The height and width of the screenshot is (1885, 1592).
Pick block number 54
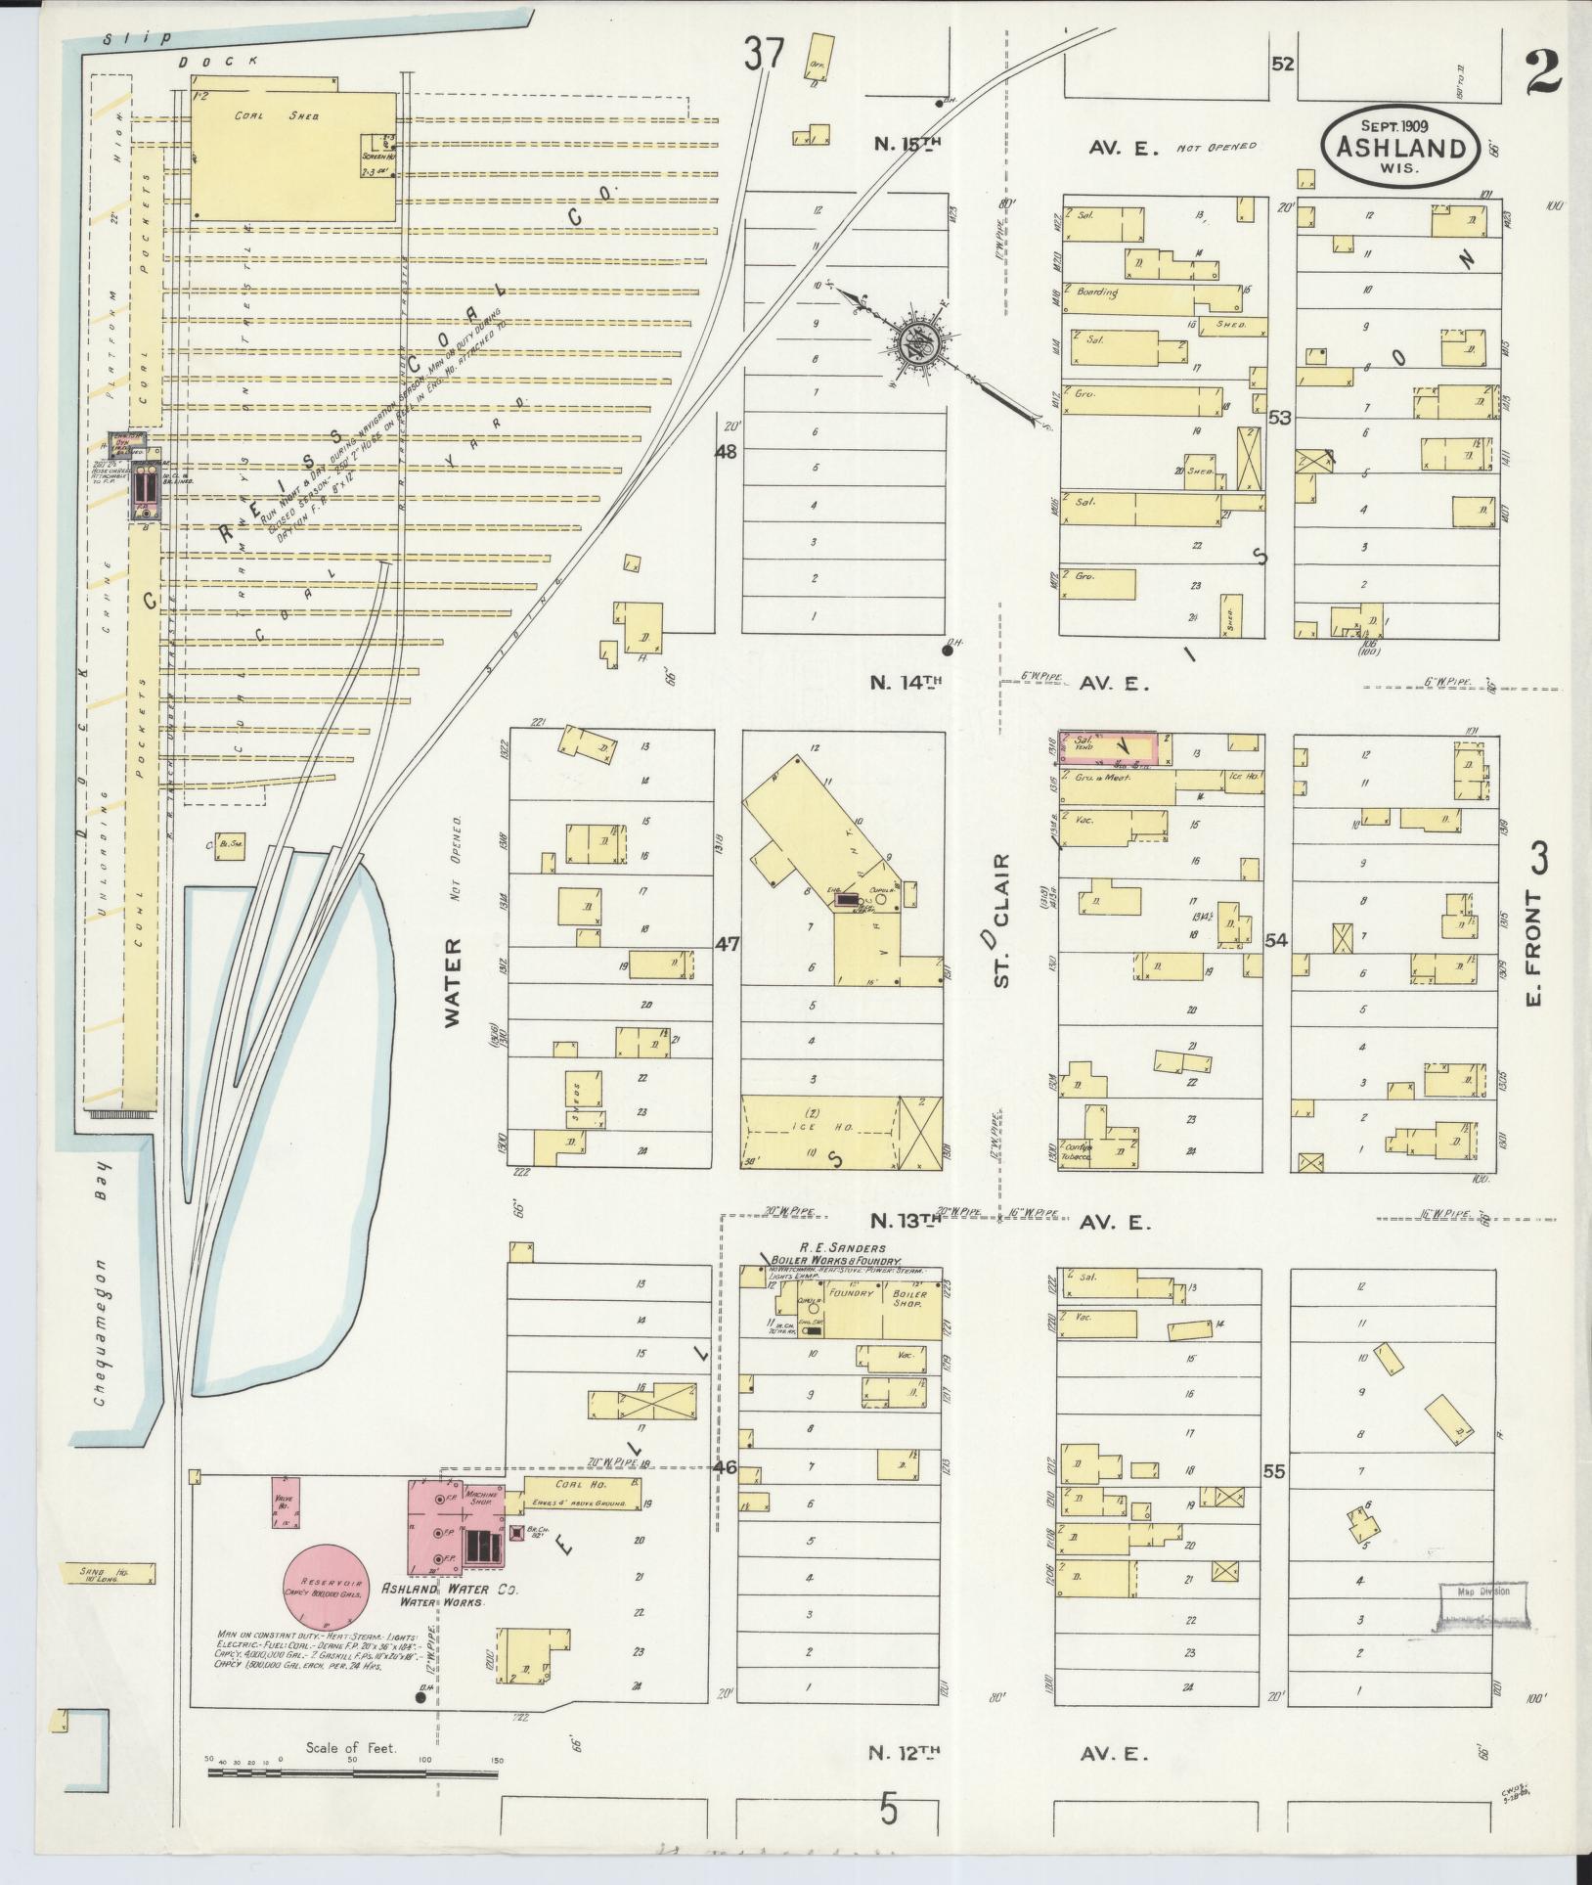[x=1276, y=941]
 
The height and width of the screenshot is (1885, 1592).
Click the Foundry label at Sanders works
[x=850, y=1293]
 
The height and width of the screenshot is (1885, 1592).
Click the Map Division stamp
[x=1481, y=1592]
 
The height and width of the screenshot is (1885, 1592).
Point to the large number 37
[x=763, y=54]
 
